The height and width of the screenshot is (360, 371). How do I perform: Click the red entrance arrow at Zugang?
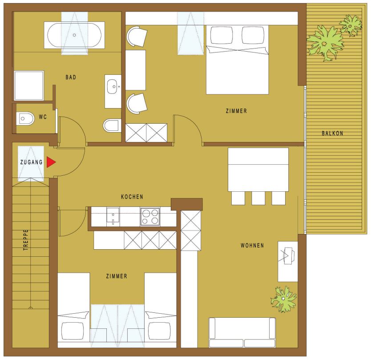click(x=50, y=162)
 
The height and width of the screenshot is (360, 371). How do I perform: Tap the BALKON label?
click(x=332, y=133)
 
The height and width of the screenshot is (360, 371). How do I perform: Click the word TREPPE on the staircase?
click(x=26, y=240)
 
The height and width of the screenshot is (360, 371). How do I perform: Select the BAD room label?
click(x=71, y=77)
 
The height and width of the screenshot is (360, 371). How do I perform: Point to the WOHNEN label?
click(x=252, y=246)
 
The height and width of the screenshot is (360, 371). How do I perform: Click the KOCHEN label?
click(x=132, y=197)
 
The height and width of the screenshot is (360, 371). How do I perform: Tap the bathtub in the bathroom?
click(x=74, y=35)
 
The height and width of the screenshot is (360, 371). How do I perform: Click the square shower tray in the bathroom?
click(x=29, y=85)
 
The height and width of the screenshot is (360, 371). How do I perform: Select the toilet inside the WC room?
click(x=25, y=118)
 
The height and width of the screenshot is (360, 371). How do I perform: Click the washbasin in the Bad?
click(x=113, y=87)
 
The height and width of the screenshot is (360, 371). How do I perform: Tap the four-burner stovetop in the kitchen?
click(x=150, y=217)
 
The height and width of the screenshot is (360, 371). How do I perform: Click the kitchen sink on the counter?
click(x=113, y=216)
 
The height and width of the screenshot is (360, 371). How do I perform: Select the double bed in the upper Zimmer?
click(x=237, y=60)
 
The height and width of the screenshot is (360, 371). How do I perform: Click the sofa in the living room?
click(x=242, y=332)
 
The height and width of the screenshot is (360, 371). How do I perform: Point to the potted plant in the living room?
click(x=283, y=299)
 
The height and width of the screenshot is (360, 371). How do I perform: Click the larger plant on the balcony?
click(x=325, y=43)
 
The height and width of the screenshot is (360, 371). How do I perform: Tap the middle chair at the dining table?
click(x=258, y=198)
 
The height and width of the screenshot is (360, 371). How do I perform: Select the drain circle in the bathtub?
click(x=74, y=35)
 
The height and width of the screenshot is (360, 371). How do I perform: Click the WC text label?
click(x=43, y=117)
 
